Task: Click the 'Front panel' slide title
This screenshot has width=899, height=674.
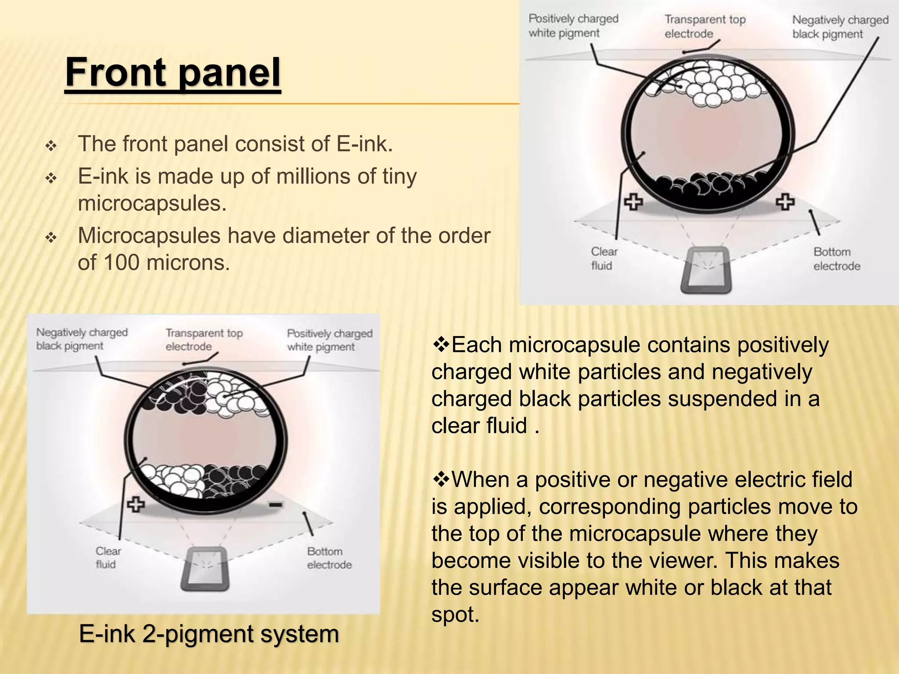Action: point(173,73)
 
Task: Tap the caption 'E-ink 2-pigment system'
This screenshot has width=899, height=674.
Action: point(209,634)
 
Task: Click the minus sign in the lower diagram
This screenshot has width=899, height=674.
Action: point(276,505)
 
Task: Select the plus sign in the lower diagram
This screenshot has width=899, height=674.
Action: point(136,505)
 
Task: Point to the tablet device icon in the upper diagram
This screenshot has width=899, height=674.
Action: point(706,270)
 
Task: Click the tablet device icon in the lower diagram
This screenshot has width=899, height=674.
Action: point(205,569)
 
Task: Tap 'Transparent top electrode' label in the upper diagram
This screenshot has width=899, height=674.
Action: point(705,26)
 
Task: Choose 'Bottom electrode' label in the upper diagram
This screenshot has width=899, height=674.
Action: point(836,259)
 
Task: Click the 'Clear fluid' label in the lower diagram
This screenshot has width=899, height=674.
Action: point(108,557)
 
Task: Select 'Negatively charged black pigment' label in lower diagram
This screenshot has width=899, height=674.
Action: point(82,339)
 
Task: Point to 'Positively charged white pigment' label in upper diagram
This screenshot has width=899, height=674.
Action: point(573,26)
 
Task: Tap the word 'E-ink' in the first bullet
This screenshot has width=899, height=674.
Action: point(364,144)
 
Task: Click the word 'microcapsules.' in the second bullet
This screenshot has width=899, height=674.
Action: point(152,203)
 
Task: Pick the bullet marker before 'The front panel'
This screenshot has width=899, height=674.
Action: point(51,145)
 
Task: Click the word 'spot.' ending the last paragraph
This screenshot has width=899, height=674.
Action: point(455,615)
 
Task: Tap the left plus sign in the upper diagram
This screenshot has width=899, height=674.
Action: point(633,202)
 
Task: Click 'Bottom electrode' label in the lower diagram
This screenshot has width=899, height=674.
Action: point(329,558)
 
